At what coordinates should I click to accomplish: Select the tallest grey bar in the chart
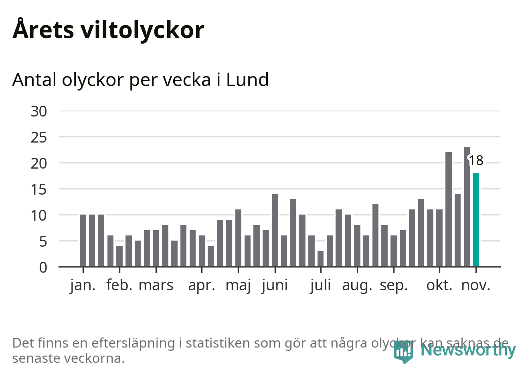click(467, 206)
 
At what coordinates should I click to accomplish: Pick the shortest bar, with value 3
click(320, 259)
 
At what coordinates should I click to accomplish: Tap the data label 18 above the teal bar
click(476, 161)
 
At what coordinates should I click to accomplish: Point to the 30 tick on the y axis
click(39, 111)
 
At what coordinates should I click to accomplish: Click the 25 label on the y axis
click(39, 137)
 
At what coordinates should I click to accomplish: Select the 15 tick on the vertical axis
click(39, 189)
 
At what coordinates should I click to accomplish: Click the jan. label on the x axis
click(83, 286)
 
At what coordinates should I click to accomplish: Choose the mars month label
click(156, 286)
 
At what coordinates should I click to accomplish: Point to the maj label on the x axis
click(238, 286)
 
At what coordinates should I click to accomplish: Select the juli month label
click(320, 286)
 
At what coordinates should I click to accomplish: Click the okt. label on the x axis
click(439, 286)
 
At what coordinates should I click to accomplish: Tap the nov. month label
click(476, 286)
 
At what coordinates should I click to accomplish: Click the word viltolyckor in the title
click(143, 30)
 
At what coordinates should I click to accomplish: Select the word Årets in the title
click(43, 30)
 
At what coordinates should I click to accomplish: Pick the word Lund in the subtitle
click(247, 80)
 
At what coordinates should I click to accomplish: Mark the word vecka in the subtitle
click(190, 80)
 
